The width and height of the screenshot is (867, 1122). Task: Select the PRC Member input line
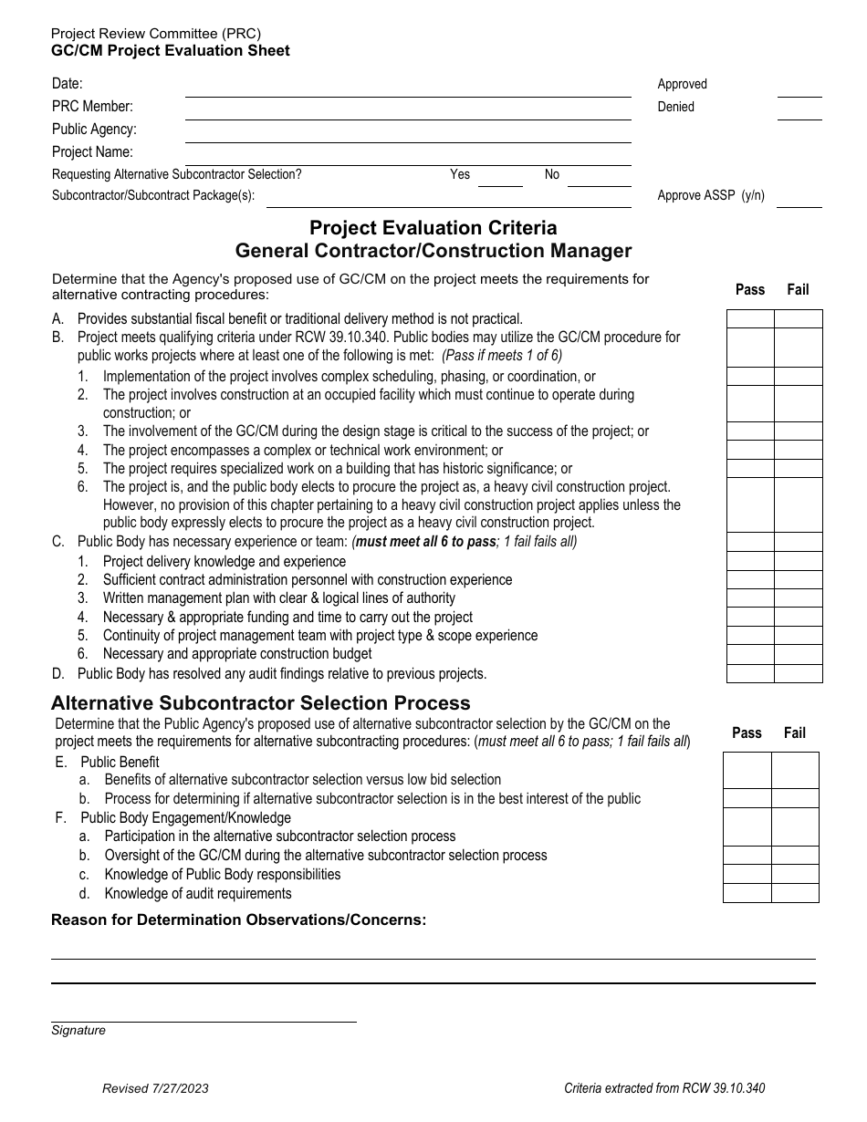tap(407, 111)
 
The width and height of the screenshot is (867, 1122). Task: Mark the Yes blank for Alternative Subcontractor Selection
tap(500, 179)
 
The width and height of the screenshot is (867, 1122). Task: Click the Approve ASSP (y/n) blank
tap(799, 200)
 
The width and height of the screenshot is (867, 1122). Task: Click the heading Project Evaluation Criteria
tap(433, 227)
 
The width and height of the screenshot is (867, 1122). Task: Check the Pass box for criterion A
tap(750, 318)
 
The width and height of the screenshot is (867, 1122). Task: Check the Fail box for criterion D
tap(799, 673)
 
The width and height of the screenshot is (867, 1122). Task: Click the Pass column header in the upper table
tap(750, 289)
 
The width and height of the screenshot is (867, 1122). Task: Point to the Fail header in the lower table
tap(794, 732)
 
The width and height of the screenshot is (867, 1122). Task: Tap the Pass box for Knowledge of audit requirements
tap(747, 893)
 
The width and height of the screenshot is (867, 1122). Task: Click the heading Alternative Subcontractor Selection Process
tap(261, 703)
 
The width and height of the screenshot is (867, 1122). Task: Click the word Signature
tap(78, 1030)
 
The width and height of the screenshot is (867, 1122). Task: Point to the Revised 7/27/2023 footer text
tap(155, 1088)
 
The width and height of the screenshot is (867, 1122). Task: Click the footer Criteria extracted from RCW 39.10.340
tap(664, 1088)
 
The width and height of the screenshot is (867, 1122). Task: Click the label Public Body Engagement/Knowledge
tap(185, 817)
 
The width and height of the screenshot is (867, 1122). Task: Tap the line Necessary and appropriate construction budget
tap(237, 653)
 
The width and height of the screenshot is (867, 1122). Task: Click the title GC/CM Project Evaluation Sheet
tap(171, 51)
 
